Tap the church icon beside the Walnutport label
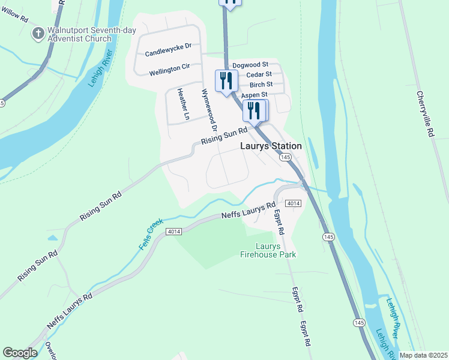point(38,34)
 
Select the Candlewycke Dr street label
point(168,46)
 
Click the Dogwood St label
point(250,64)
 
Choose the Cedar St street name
point(259,74)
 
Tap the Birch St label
point(261,85)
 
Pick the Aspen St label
point(254,95)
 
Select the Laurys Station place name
point(271,146)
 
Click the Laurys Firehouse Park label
point(276,250)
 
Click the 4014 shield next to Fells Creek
point(174,232)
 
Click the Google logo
point(20,353)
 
